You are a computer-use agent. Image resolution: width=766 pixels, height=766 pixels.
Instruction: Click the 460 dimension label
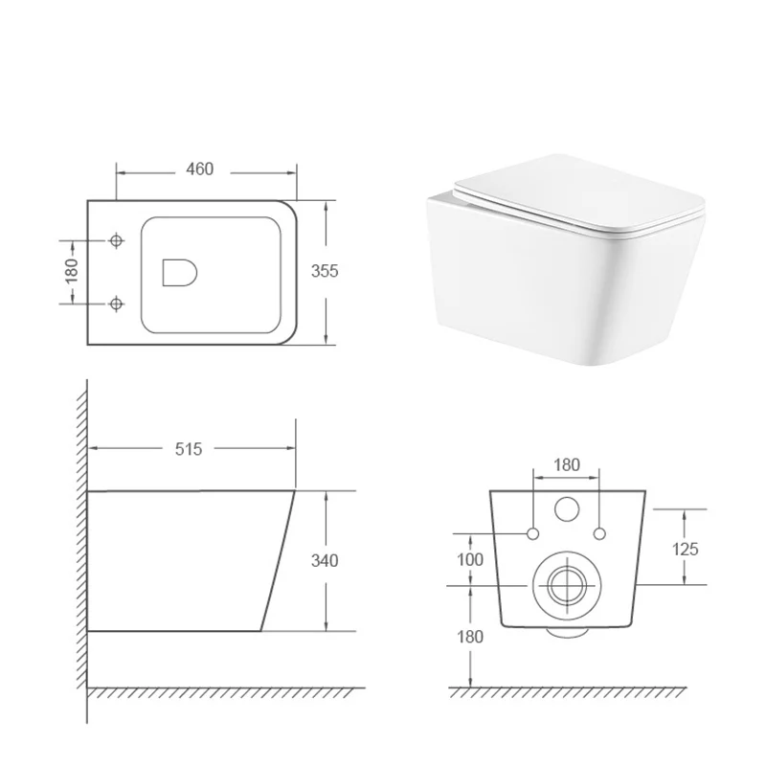click(200, 169)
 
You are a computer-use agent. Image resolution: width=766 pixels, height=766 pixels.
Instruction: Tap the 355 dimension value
click(325, 271)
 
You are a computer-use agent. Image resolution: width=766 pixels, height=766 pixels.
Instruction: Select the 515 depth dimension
click(189, 449)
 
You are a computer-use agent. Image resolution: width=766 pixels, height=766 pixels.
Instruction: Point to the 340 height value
click(325, 560)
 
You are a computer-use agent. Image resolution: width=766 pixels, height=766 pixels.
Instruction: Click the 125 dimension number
click(686, 549)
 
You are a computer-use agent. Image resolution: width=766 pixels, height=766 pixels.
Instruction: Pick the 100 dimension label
click(470, 559)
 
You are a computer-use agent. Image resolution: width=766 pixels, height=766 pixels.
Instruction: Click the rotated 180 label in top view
click(72, 271)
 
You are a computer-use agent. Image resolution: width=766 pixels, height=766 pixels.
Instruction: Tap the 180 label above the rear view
click(567, 464)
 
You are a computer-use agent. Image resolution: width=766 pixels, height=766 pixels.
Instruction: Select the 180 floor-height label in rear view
click(470, 637)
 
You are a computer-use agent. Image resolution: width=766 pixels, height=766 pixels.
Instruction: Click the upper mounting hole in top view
click(116, 240)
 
